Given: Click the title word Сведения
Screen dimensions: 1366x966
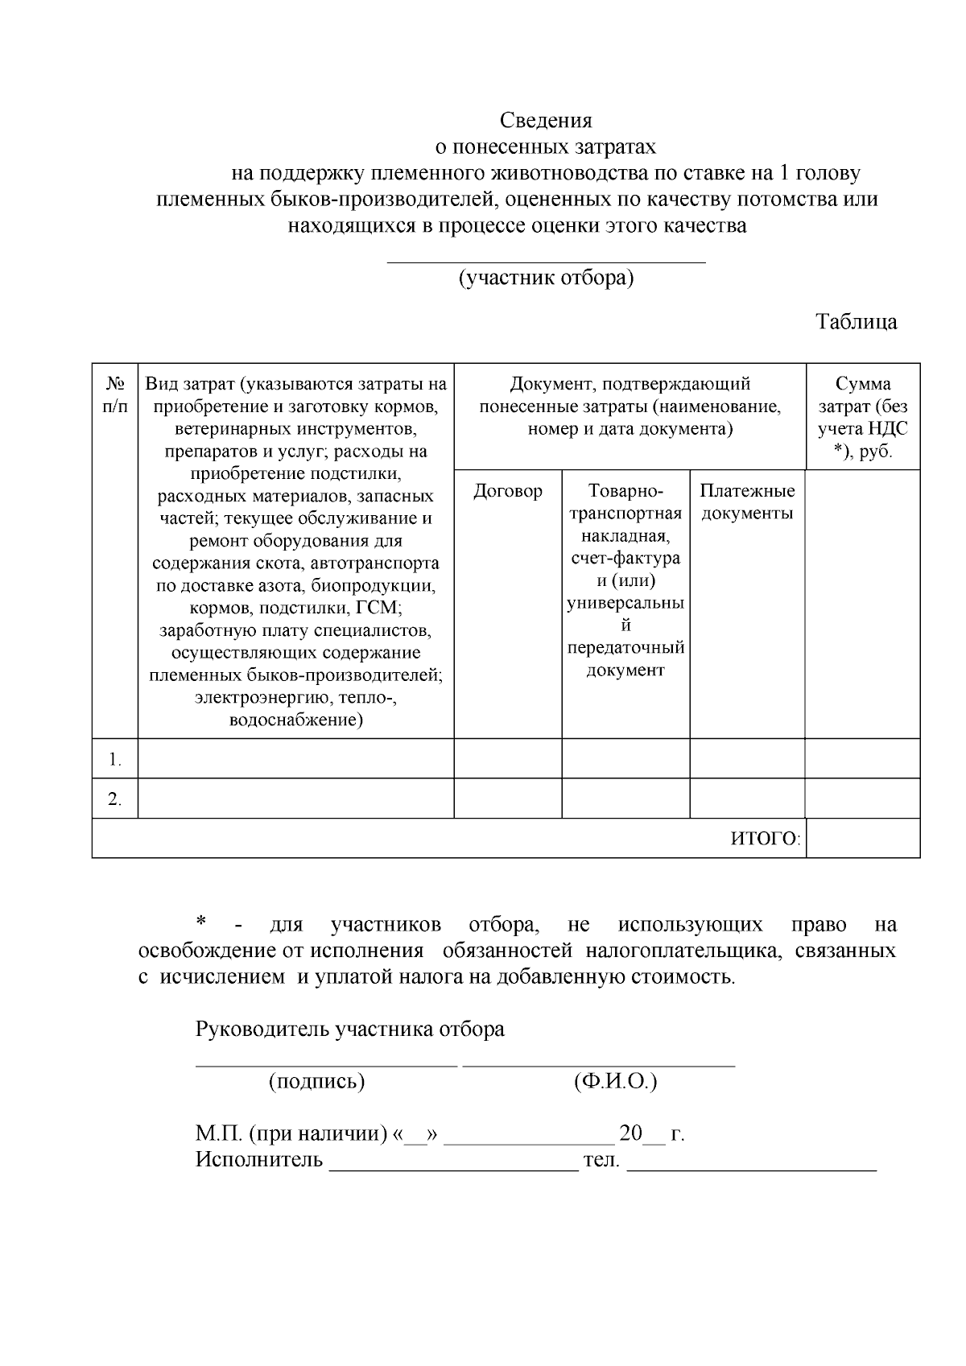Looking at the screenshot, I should pyautogui.click(x=545, y=121).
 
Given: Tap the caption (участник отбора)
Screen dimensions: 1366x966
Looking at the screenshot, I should pyautogui.click(x=546, y=278).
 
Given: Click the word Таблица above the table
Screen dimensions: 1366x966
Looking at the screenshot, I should pyautogui.click(x=856, y=322).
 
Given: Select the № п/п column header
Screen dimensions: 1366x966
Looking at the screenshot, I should pyautogui.click(x=114, y=394).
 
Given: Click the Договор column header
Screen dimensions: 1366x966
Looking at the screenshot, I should pyautogui.click(x=507, y=491).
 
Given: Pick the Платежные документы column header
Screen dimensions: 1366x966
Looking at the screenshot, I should pyautogui.click(x=746, y=501).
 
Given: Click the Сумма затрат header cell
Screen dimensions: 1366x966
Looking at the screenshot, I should pyautogui.click(x=862, y=417).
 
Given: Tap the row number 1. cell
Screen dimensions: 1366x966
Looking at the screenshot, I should pyautogui.click(x=115, y=759).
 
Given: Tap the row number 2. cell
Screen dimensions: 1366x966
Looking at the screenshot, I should pyautogui.click(x=115, y=799).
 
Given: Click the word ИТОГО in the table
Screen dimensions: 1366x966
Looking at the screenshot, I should pyautogui.click(x=764, y=840).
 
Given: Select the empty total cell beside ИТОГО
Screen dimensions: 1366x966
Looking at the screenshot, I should pyautogui.click(x=862, y=839).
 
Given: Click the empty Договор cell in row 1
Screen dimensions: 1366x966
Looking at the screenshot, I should pyautogui.click(x=507, y=758).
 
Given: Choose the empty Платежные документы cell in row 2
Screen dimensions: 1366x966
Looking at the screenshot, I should pyautogui.click(x=746, y=799).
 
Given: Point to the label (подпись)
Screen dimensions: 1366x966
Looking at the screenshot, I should pyautogui.click(x=316, y=1081).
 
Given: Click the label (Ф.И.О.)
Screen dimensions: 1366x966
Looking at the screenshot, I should pyautogui.click(x=615, y=1081).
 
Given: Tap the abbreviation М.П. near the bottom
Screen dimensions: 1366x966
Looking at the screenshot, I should pyautogui.click(x=218, y=1134).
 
